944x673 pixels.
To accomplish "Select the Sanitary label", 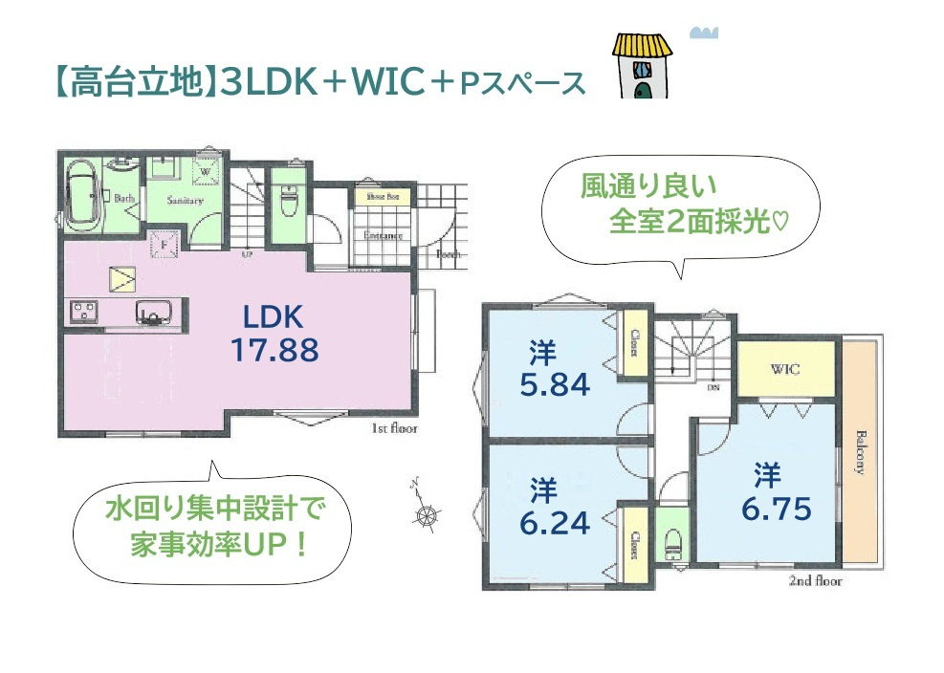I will pos(184,201).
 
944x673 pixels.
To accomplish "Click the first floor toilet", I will pos(287,202).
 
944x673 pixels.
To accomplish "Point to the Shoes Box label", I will pos(373,196).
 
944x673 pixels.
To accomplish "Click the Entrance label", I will pos(382,235).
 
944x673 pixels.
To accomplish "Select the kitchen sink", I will pos(152,312).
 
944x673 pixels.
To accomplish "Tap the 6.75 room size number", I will pos(776,508).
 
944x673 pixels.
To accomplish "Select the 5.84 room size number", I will pos(555,383).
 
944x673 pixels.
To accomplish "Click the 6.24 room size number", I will pos(555,522).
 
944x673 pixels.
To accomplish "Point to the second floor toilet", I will pos(673,543).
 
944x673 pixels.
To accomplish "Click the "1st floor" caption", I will pos(394,429).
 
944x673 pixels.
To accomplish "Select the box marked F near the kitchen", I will pos(164,244).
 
